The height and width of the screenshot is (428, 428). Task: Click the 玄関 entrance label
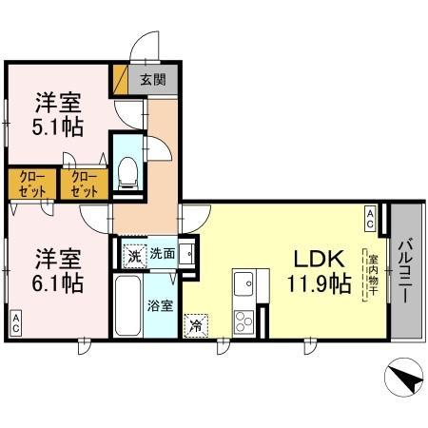[x=153, y=79]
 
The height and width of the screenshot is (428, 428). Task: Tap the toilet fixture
[x=127, y=173]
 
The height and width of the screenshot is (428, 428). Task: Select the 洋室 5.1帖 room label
[x=58, y=114]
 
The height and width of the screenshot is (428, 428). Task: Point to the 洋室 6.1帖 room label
[x=58, y=270]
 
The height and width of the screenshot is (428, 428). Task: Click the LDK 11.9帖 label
[x=319, y=271]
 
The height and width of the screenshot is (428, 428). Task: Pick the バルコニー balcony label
[x=406, y=270]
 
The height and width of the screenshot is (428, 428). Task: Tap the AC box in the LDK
[x=370, y=219]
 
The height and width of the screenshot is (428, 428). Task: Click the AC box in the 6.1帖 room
[x=16, y=323]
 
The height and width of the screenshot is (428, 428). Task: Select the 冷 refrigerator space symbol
[x=196, y=325]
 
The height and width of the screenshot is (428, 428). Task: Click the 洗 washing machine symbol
[x=135, y=256]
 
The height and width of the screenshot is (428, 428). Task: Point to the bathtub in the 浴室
[x=128, y=305]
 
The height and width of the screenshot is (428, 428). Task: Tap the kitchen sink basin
[x=243, y=283]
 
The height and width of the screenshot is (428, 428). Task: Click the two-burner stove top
[x=243, y=321]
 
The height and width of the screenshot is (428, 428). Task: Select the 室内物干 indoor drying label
[x=372, y=274]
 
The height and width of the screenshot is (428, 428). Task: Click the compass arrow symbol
[x=403, y=377]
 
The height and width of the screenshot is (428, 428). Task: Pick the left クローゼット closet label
[x=32, y=185]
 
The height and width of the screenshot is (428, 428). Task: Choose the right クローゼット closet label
[x=85, y=185]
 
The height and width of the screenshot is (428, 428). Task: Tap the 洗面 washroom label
[x=163, y=253]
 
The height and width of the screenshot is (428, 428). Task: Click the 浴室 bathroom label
[x=160, y=305]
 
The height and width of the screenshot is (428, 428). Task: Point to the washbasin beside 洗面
[x=187, y=254]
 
